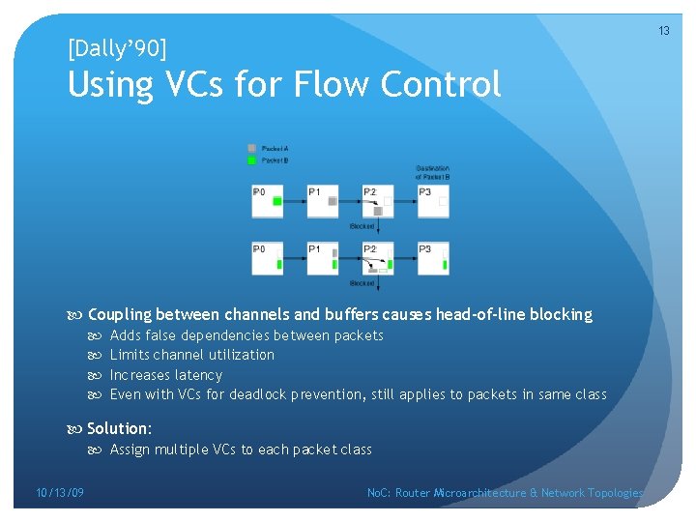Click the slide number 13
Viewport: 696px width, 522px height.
tap(664, 31)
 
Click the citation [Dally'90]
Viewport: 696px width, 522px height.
tap(117, 46)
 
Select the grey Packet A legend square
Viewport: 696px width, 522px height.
tap(252, 148)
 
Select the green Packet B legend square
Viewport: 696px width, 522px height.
tap(252, 159)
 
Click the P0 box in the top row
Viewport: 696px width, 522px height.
tap(267, 200)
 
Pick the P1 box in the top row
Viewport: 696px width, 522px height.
tap(323, 200)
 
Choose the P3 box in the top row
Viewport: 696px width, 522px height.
tap(433, 200)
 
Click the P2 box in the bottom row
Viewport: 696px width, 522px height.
tap(378, 258)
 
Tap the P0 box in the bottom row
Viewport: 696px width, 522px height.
tap(267, 258)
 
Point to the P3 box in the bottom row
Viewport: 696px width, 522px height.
tap(433, 258)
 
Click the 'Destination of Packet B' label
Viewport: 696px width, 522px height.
tap(432, 172)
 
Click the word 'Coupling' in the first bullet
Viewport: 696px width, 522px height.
tap(119, 314)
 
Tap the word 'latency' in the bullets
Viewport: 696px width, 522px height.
tap(199, 375)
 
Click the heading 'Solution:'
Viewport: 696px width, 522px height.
tap(120, 428)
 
